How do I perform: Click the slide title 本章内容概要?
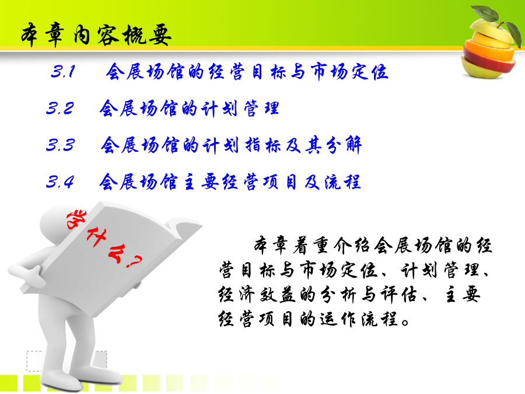pos(96,35)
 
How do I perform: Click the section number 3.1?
pos(63,71)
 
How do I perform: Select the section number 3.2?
pos(60,108)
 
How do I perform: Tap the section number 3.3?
pos(60,145)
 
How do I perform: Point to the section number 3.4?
pos(60,182)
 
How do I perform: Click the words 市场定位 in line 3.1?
pos(349,71)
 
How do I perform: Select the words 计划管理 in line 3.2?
pos(239,109)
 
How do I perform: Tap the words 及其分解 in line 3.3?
pos(324,145)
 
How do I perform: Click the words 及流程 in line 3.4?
pos(332,182)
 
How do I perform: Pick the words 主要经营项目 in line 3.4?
pos(240,182)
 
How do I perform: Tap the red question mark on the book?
pos(135,261)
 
